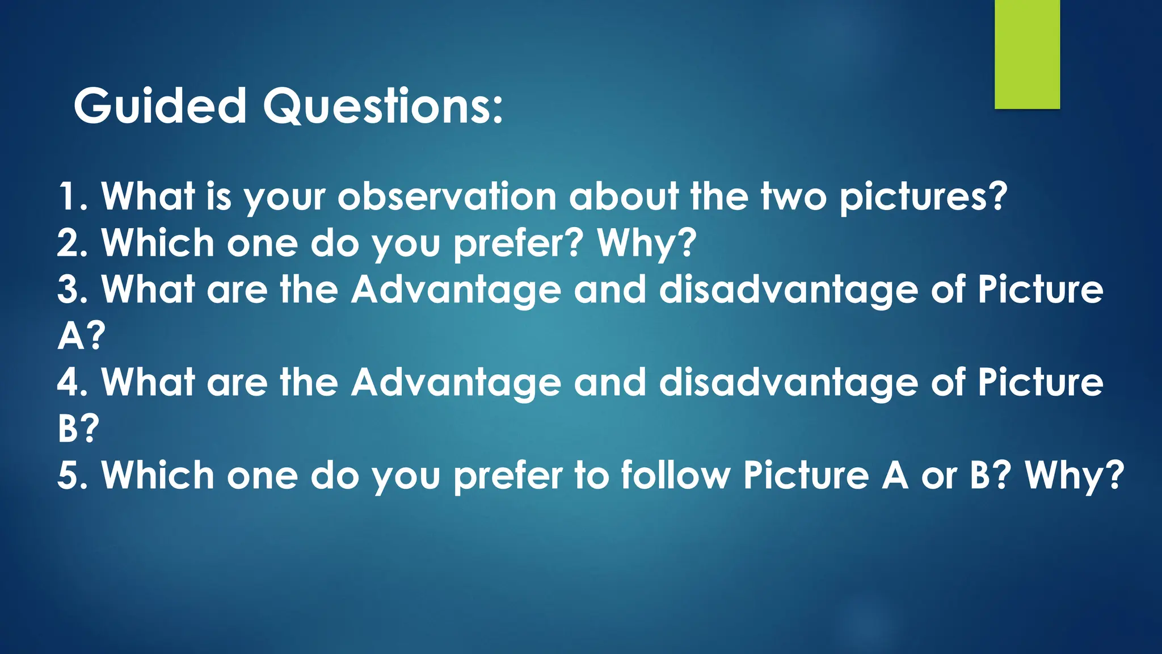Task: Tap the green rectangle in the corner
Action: pos(1027,54)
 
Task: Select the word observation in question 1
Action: pos(447,196)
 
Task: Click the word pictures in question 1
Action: pos(923,196)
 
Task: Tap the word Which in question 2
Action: pos(158,243)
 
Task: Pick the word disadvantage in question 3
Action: pos(788,290)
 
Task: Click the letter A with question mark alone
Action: pos(81,336)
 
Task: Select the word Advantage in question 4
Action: pos(456,382)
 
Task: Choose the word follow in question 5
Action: pos(675,475)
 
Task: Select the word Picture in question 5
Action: pos(806,475)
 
